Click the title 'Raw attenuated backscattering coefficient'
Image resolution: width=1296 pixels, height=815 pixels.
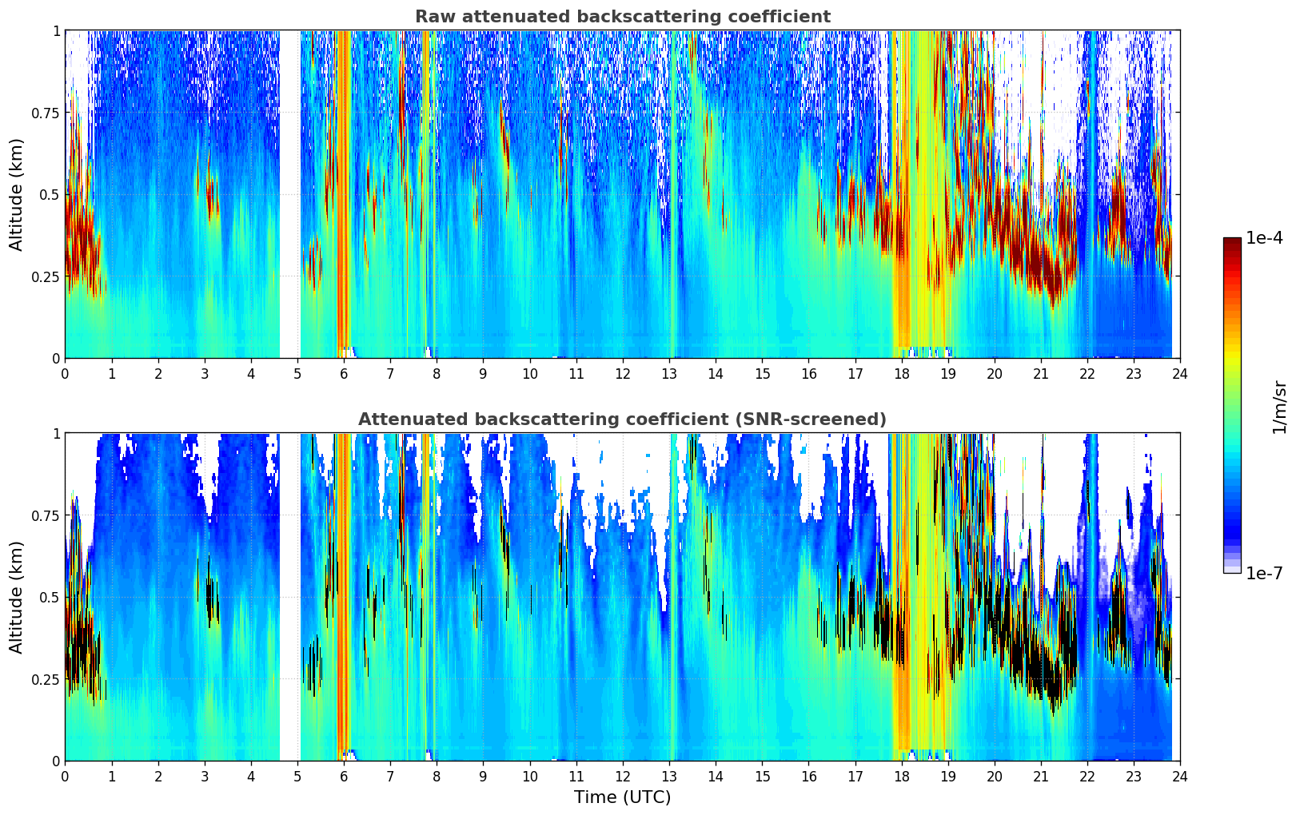click(x=622, y=17)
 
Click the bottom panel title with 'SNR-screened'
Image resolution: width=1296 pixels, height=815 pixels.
click(x=622, y=419)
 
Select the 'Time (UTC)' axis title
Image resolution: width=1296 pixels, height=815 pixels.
click(x=622, y=797)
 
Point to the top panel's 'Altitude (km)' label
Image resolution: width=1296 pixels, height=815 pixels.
click(x=17, y=194)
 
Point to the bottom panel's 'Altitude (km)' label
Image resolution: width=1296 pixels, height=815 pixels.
click(x=17, y=597)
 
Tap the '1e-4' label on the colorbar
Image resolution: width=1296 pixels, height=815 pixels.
click(x=1264, y=238)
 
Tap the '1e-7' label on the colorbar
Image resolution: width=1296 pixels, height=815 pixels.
click(x=1264, y=573)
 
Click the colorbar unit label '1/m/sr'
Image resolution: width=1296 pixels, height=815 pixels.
click(x=1279, y=406)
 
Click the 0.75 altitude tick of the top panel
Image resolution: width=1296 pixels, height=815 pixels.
click(x=46, y=113)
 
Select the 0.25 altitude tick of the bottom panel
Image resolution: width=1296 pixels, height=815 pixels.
click(x=46, y=679)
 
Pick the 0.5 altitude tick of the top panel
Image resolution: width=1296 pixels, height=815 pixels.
click(x=50, y=194)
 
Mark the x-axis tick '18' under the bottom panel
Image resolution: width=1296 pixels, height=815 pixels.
click(x=902, y=776)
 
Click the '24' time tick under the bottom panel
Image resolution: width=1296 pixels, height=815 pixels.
click(x=1180, y=776)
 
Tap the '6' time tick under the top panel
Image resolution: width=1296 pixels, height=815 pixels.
click(x=344, y=373)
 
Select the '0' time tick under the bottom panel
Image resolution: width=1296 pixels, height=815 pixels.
click(x=66, y=776)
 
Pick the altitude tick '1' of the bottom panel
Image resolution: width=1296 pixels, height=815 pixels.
click(x=56, y=434)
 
